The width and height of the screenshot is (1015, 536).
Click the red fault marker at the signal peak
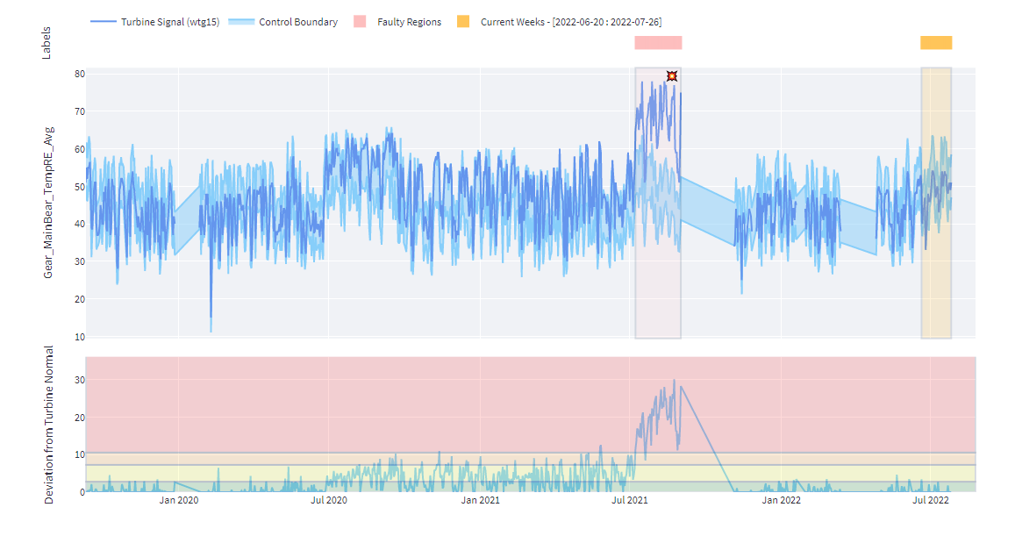pos(671,76)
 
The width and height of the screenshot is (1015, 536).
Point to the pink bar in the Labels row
pos(658,43)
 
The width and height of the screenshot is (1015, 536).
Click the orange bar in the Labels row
pos(935,43)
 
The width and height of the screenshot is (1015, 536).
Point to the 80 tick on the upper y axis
pos(79,74)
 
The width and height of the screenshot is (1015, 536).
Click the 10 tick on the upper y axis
pos(79,337)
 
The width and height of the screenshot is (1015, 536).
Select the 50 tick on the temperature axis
pos(79,187)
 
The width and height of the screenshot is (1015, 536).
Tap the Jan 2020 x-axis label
pos(179,501)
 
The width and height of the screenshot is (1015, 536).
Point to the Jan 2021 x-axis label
pos(480,501)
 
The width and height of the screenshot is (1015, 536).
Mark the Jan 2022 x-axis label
pos(780,501)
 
